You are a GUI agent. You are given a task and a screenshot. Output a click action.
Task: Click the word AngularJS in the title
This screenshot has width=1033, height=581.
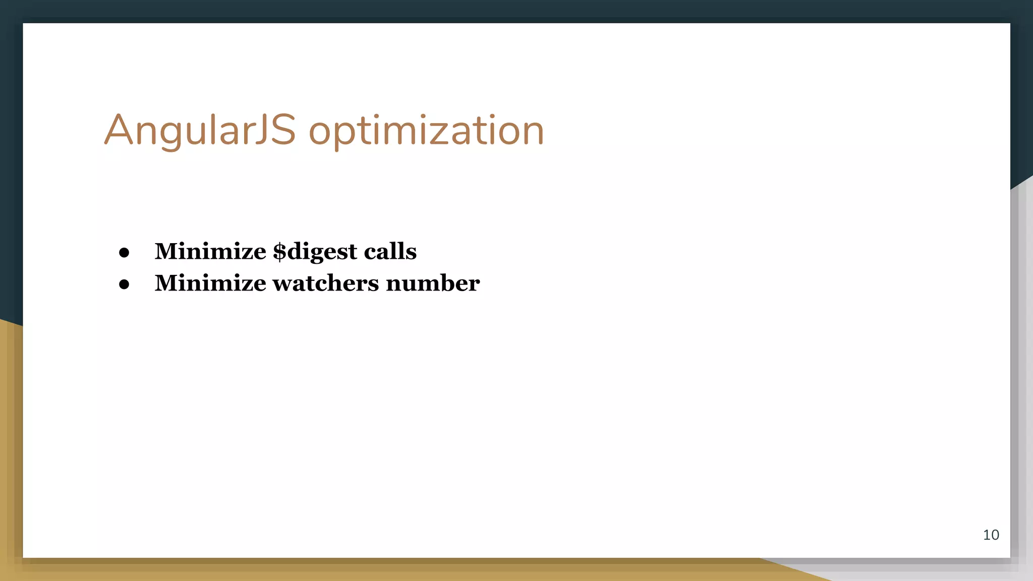pos(200,131)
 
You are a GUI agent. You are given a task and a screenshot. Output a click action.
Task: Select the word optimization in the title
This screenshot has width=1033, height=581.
pos(426,131)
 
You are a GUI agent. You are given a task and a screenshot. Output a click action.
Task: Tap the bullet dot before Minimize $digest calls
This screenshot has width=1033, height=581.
pos(124,252)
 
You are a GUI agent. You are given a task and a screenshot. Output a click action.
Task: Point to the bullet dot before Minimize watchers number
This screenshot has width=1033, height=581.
pos(124,284)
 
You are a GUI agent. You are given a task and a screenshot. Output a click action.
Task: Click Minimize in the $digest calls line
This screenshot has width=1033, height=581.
pos(210,251)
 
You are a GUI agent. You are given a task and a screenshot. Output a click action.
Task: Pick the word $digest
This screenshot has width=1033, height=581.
pos(315,252)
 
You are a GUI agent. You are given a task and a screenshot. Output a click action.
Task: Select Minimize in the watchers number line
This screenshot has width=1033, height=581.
pos(210,283)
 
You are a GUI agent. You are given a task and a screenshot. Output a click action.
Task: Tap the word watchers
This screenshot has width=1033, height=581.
pos(326,283)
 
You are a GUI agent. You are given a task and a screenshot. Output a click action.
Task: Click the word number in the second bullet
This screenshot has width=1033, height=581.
pos(433,283)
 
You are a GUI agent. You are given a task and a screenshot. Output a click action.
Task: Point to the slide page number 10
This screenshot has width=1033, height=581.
pos(991,535)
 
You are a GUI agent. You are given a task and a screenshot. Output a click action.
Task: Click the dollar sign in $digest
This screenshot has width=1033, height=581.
pos(279,252)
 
